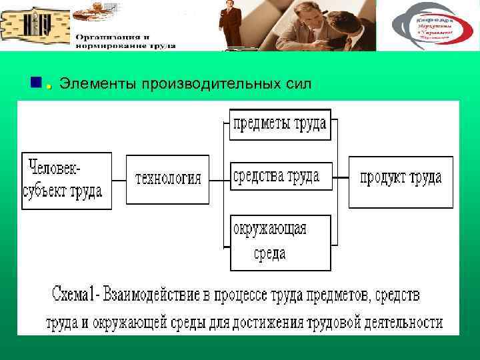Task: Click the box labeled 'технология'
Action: pos(167,178)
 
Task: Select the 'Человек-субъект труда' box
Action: pos(67,181)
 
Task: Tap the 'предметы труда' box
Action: pos(279,124)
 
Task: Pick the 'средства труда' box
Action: pos(279,177)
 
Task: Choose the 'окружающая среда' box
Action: pos(279,242)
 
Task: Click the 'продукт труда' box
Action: pos(401,178)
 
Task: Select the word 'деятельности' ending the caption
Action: pos(402,323)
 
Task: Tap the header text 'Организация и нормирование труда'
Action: pos(125,41)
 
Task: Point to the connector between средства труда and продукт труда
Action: pos(341,178)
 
